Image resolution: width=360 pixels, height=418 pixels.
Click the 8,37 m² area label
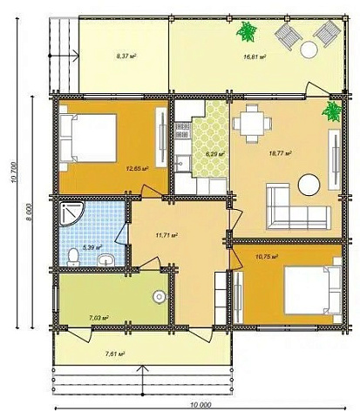click(126, 56)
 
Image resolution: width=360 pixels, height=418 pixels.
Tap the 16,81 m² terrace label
click(255, 57)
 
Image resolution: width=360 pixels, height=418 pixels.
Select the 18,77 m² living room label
click(281, 153)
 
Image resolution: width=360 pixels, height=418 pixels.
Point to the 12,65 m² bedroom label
click(137, 168)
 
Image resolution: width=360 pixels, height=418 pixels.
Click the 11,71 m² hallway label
click(166, 235)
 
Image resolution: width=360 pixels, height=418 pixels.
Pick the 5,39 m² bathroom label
click(93, 247)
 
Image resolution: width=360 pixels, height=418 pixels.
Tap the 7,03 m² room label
click(98, 318)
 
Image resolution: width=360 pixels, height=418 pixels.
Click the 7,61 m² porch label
click(115, 354)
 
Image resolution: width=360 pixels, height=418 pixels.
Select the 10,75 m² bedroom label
click(267, 257)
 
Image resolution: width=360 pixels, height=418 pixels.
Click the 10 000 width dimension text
click(201, 405)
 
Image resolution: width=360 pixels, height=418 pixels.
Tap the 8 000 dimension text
click(29, 212)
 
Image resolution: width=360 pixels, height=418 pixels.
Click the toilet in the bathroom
click(73, 258)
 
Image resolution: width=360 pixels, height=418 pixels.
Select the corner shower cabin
click(71, 213)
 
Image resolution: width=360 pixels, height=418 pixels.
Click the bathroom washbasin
click(106, 260)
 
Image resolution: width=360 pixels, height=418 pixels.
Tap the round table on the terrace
click(309, 50)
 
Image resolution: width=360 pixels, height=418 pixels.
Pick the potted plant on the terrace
click(247, 31)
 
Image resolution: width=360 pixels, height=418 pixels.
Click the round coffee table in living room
click(309, 185)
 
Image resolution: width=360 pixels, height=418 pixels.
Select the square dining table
click(252, 124)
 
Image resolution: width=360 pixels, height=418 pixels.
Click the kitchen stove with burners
click(183, 131)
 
